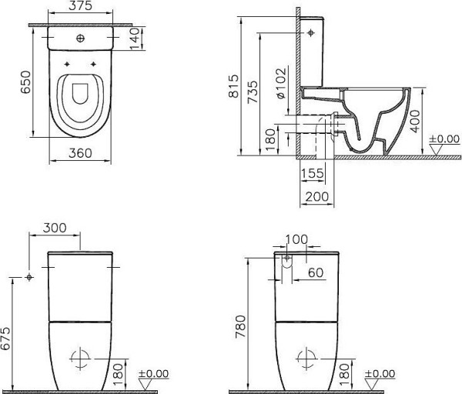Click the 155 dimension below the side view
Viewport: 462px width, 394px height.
[x=312, y=173]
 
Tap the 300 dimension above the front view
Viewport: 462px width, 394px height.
[x=55, y=229]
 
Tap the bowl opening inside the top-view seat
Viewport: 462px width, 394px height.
[x=79, y=95]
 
